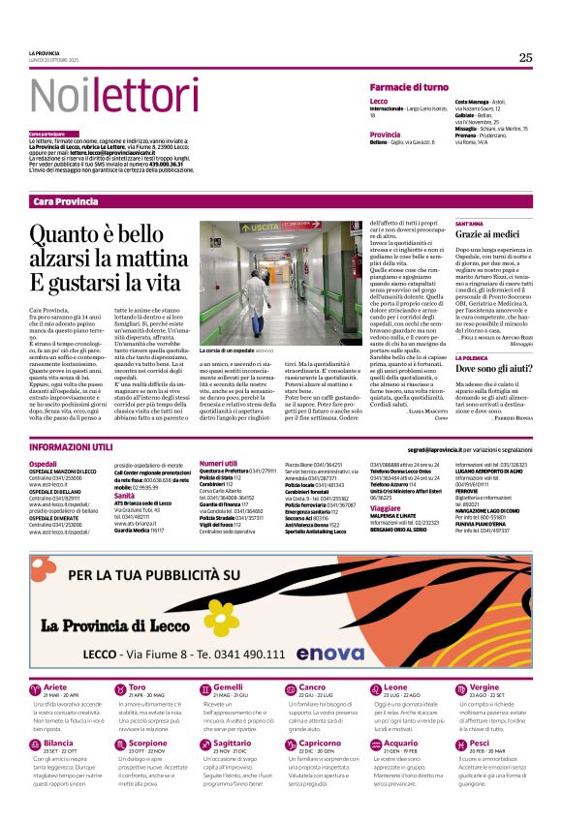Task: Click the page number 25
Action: [524, 58]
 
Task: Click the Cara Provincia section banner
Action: [65, 200]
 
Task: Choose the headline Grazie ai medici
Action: [489, 235]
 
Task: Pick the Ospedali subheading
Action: [43, 465]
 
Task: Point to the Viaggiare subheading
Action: [385, 507]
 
